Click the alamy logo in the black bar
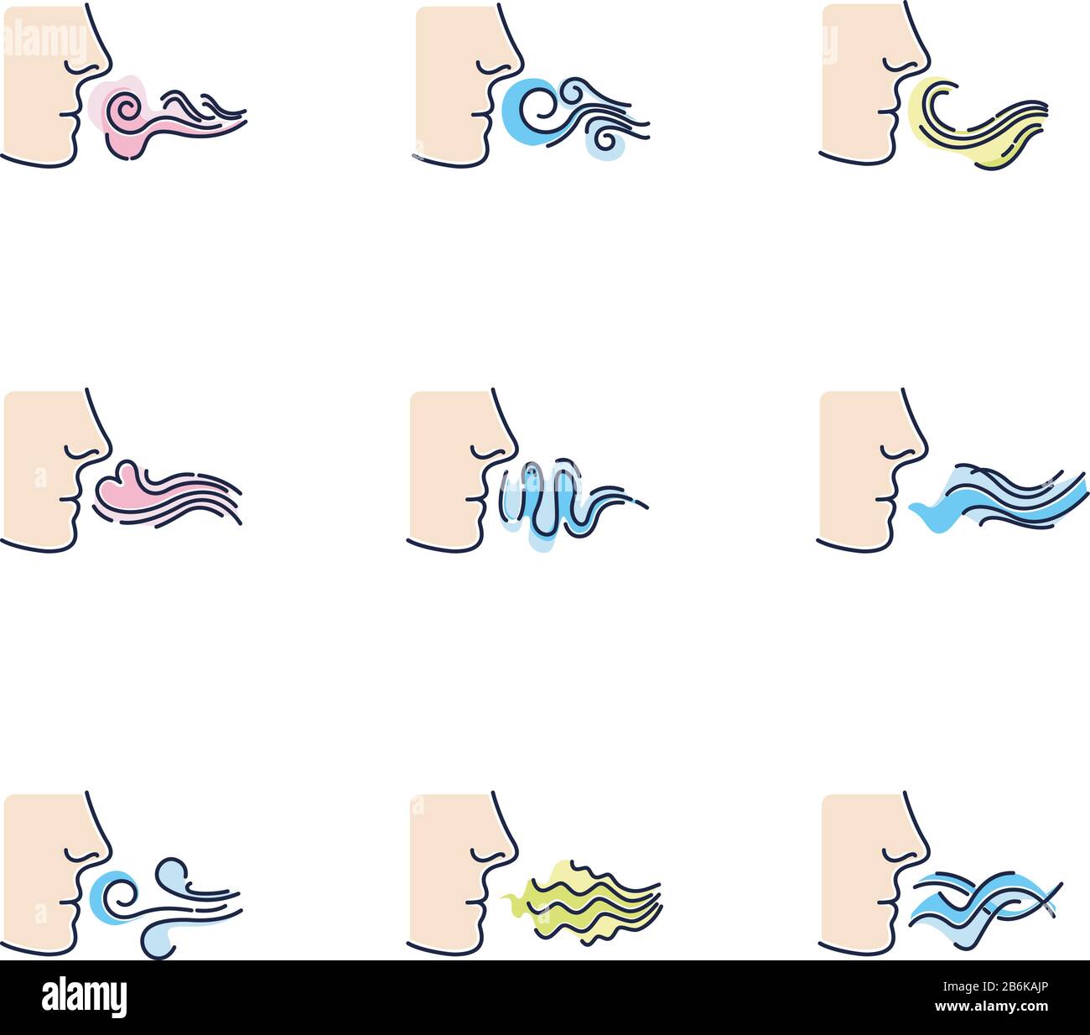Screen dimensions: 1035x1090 (x=85, y=997)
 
